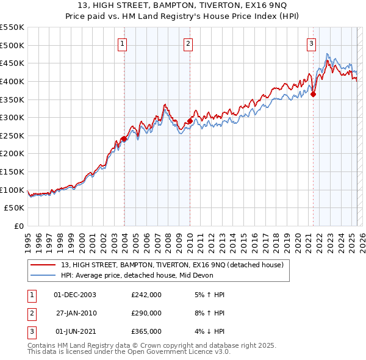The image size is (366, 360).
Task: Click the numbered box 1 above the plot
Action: (x=123, y=43)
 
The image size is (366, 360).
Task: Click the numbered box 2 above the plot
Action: (x=188, y=43)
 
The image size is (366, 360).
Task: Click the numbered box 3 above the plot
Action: (x=312, y=43)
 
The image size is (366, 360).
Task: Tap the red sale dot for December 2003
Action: (x=124, y=139)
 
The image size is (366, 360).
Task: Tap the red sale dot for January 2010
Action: (x=190, y=121)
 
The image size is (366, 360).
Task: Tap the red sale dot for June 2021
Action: (x=314, y=94)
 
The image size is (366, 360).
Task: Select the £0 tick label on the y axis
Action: (x=20, y=226)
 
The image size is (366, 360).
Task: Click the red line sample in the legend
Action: (x=43, y=265)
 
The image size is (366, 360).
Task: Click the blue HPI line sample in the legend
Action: (x=43, y=275)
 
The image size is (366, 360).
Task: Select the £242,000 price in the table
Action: (x=146, y=295)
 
